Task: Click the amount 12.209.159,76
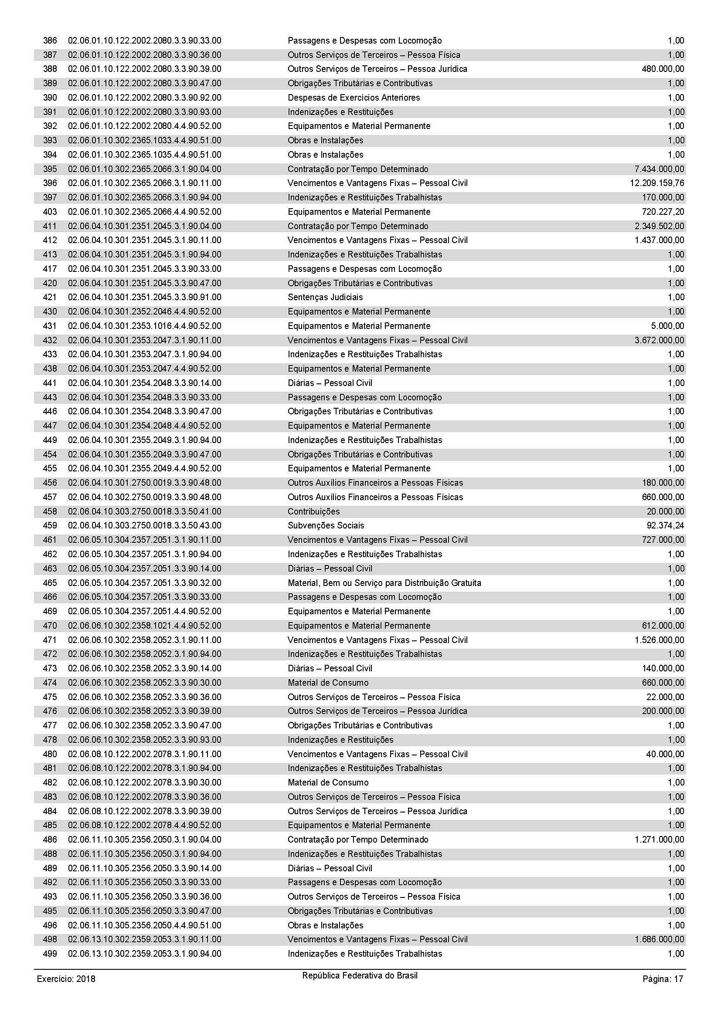tap(656, 183)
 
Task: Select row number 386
tap(50, 41)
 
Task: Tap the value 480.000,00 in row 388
tap(663, 69)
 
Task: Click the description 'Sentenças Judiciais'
tap(325, 298)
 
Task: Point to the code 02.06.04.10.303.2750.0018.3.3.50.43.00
tap(144, 525)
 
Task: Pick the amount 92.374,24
tap(665, 525)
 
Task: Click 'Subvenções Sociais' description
tap(326, 525)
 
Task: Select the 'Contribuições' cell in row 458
tap(313, 511)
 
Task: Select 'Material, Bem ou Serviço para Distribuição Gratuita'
tap(384, 583)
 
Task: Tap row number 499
tap(50, 954)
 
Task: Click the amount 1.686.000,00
tap(659, 940)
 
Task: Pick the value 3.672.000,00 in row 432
tap(659, 340)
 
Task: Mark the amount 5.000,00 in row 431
tap(667, 326)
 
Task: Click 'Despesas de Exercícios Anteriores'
tap(354, 98)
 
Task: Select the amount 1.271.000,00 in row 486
tap(659, 840)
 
